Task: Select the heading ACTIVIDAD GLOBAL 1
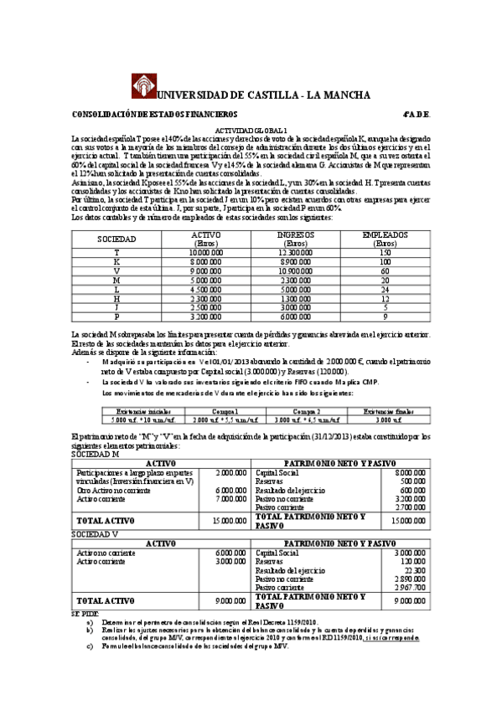pyautogui.click(x=251, y=131)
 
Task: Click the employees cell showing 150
pyautogui.click(x=386, y=252)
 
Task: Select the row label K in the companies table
pyautogui.click(x=116, y=262)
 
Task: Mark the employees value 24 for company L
pyautogui.click(x=386, y=290)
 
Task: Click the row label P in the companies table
pyautogui.click(x=116, y=317)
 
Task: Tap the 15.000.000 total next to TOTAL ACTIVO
pyautogui.click(x=230, y=521)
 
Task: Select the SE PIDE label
pyautogui.click(x=84, y=613)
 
